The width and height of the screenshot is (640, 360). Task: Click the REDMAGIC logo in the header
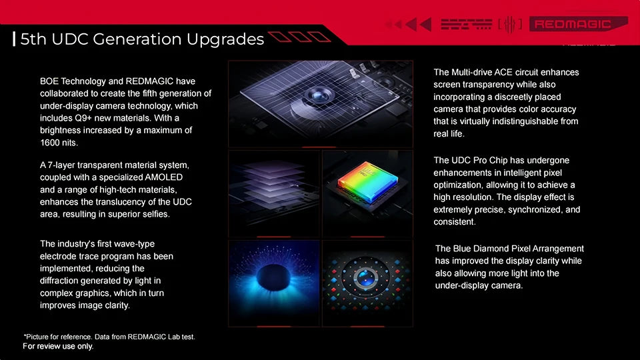point(570,25)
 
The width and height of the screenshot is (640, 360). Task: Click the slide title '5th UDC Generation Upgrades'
point(142,39)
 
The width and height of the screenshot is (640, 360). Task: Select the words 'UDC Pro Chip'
point(481,160)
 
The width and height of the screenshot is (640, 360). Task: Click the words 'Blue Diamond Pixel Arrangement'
point(509,248)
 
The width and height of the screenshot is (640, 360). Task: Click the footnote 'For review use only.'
point(58,347)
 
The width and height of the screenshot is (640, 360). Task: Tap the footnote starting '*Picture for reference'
point(109,337)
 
